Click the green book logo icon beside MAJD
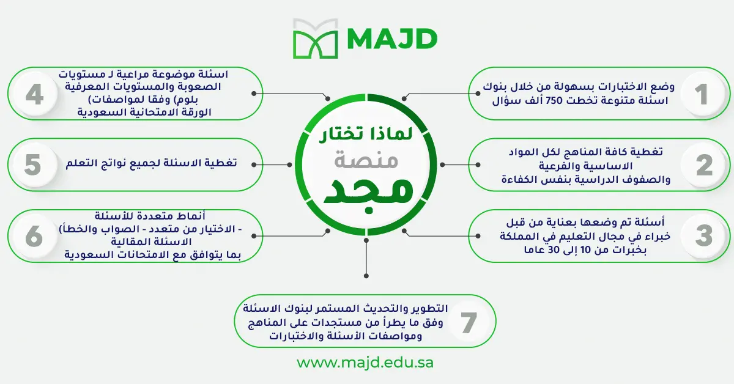point(315,39)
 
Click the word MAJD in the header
point(392,39)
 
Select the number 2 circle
point(704,165)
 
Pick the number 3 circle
point(704,236)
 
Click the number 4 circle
point(35,94)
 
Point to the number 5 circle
point(33,165)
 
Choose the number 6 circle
point(34,236)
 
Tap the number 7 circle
point(469,322)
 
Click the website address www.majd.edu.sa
point(365,363)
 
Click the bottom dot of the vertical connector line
point(366,276)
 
